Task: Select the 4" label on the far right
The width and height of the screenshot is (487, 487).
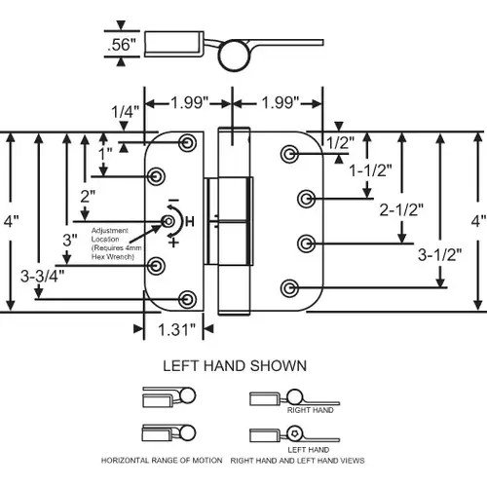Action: coord(476,220)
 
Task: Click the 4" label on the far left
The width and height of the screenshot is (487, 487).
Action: coord(10,220)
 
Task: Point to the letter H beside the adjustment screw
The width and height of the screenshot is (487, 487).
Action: coord(189,222)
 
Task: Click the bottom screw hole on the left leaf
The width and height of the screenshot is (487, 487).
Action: coord(188,297)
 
